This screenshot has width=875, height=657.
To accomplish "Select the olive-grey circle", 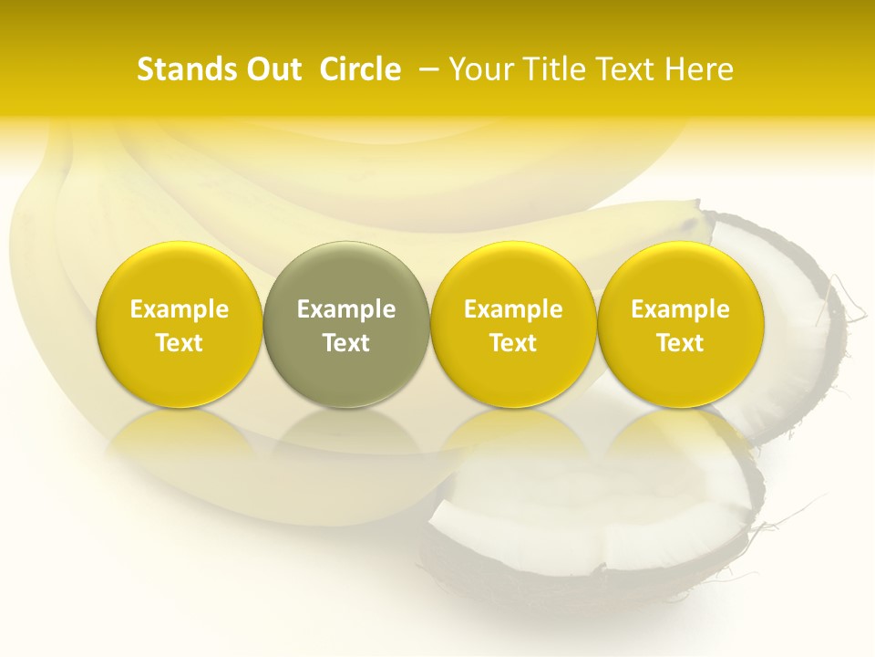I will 346,324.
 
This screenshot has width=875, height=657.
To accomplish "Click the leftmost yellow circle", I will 179,324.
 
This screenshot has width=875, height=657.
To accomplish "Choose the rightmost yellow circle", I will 680,324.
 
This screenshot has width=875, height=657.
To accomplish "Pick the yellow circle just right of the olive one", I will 513,324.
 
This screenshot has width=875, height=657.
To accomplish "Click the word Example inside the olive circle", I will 346,309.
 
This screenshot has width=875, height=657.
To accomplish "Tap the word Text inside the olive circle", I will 346,343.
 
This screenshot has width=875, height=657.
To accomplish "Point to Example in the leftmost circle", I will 179,309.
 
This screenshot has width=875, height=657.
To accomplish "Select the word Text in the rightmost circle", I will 680,343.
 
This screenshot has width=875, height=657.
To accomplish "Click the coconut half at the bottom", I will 583,529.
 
